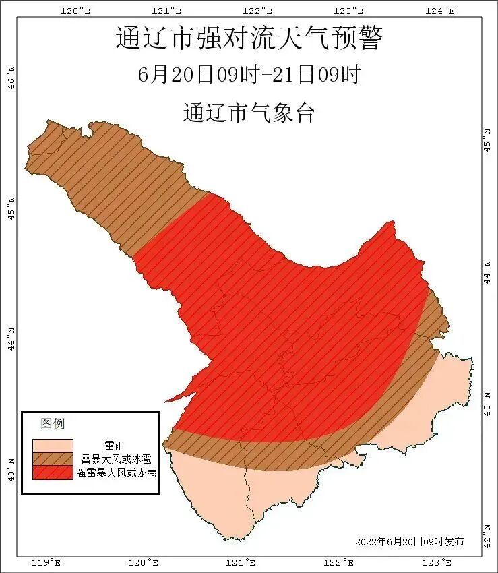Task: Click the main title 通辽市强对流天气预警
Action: coord(249,38)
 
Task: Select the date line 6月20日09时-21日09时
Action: coord(249,75)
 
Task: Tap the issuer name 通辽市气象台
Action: coord(249,113)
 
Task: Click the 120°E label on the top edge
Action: coord(75,11)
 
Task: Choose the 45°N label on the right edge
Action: coord(488,138)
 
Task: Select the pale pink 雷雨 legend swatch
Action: coord(53,446)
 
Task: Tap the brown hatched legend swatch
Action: coord(53,459)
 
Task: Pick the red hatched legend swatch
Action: coord(53,472)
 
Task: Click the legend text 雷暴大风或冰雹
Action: coord(114,459)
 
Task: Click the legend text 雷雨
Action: coord(114,446)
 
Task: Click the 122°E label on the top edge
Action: coord(259,11)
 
